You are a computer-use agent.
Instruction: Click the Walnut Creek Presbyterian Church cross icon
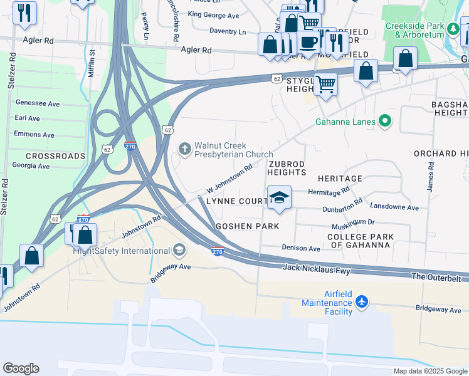click(x=184, y=149)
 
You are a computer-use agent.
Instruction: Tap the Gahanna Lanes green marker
click(x=385, y=122)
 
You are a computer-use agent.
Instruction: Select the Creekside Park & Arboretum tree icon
click(x=452, y=28)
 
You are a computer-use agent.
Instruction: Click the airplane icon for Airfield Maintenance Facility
click(x=361, y=301)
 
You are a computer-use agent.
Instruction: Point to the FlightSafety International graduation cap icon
click(x=179, y=251)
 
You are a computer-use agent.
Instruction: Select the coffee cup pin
click(x=308, y=41)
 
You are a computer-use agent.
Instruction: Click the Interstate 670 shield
click(x=83, y=219)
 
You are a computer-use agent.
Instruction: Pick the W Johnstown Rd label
click(x=229, y=179)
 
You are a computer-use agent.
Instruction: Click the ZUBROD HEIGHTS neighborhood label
click(x=287, y=167)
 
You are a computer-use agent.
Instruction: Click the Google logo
click(x=21, y=368)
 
